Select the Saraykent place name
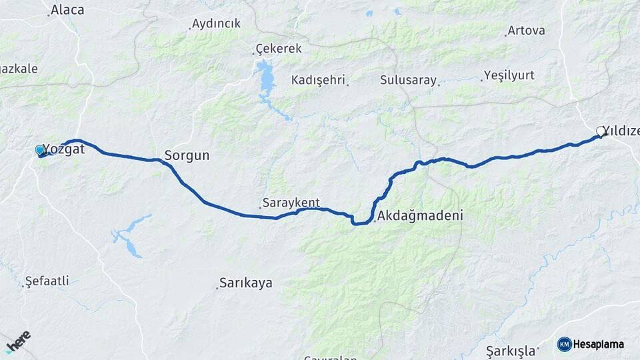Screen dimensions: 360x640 291,203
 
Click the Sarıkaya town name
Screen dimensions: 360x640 246,283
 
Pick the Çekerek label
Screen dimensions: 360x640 279,49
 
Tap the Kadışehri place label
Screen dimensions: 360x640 318,80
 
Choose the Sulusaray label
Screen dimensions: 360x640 408,80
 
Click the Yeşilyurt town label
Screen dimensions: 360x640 509,75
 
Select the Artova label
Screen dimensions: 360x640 526,31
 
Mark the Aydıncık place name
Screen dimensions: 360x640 216,24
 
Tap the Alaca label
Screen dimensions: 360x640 67,9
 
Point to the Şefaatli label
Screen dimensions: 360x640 47,281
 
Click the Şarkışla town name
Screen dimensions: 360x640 511,351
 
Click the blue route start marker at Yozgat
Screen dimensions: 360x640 39,151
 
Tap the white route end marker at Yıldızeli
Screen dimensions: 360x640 600,131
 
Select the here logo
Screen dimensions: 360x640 18,341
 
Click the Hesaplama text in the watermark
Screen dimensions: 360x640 599,345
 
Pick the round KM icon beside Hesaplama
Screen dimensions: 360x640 564,345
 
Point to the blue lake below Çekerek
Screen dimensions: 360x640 267,79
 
